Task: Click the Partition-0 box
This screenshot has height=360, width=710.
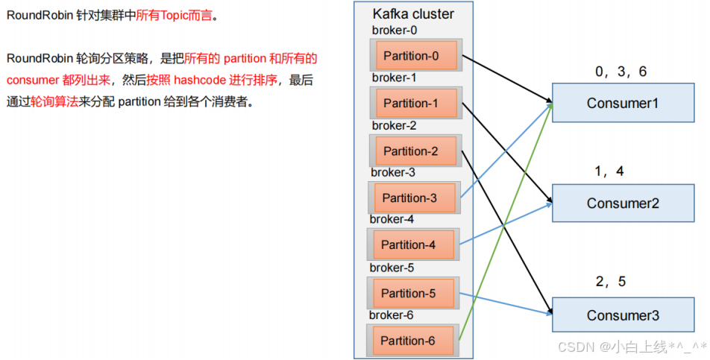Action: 416,56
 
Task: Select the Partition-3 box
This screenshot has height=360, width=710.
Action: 415,198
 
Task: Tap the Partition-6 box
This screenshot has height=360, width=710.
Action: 413,341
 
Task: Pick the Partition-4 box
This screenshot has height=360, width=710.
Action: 413,244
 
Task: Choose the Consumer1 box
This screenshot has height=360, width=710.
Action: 623,104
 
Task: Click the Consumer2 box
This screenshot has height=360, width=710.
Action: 623,203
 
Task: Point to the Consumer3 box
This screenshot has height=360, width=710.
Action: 623,315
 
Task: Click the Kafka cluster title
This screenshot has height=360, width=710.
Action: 413,14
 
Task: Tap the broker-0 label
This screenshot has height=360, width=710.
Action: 395,30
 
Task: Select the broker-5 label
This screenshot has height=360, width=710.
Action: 392,268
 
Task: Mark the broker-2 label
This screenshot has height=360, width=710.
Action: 395,125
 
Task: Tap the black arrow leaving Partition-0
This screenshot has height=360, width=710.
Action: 507,78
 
